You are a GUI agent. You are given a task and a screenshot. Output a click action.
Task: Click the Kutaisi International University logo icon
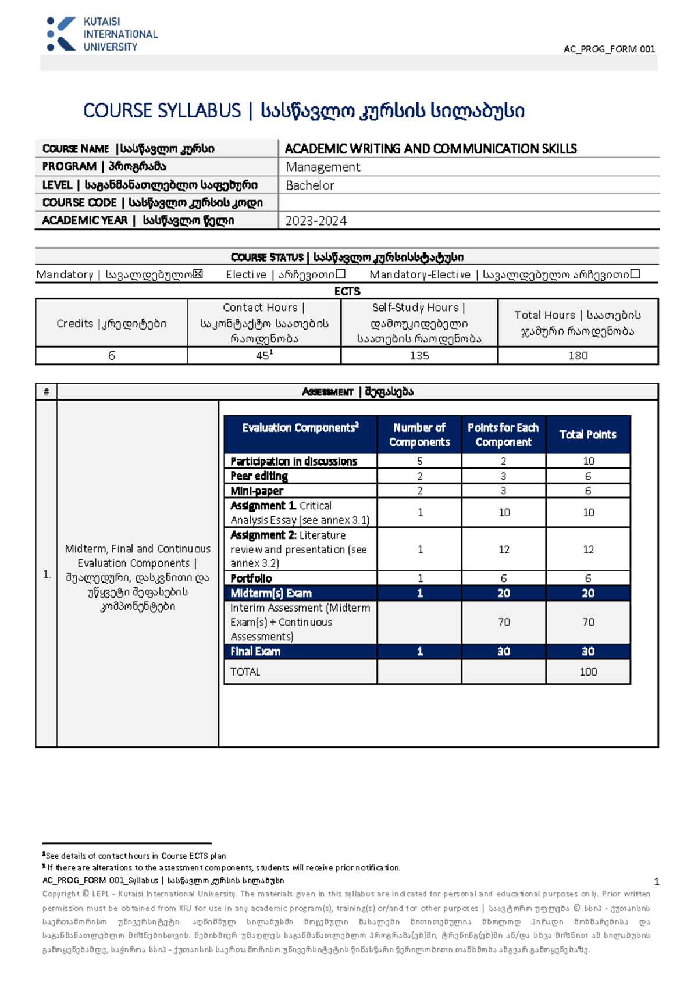(x=61, y=34)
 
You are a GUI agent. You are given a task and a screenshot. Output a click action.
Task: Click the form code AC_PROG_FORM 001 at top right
(x=609, y=49)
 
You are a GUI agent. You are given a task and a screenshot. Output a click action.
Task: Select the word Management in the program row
(x=323, y=167)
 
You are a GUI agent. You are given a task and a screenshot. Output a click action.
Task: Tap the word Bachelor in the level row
(x=310, y=185)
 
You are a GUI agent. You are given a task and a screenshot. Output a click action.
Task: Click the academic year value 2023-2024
(x=316, y=221)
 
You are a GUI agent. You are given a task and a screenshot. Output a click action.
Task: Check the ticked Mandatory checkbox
(x=198, y=274)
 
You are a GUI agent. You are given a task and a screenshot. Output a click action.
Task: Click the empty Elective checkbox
(x=341, y=274)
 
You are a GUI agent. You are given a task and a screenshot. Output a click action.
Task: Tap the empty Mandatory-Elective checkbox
(x=635, y=274)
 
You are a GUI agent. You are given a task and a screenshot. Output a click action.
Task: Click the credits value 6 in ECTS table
(x=112, y=356)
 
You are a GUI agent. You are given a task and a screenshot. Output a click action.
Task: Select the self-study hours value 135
(x=419, y=356)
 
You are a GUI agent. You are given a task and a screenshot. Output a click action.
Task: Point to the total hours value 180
(x=578, y=356)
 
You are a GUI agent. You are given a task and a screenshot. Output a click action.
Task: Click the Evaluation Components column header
(x=300, y=428)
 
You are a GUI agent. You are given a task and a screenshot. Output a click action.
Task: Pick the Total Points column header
(x=587, y=434)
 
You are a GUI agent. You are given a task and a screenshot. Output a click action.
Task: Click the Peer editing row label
(x=259, y=476)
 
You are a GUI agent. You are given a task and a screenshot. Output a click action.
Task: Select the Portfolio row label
(x=251, y=578)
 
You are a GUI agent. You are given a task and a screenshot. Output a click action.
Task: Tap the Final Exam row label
(x=255, y=652)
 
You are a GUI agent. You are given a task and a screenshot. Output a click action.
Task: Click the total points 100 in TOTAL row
(x=588, y=672)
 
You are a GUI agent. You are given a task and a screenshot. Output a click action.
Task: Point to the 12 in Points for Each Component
(x=504, y=550)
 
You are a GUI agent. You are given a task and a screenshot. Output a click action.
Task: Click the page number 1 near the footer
(x=657, y=881)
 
